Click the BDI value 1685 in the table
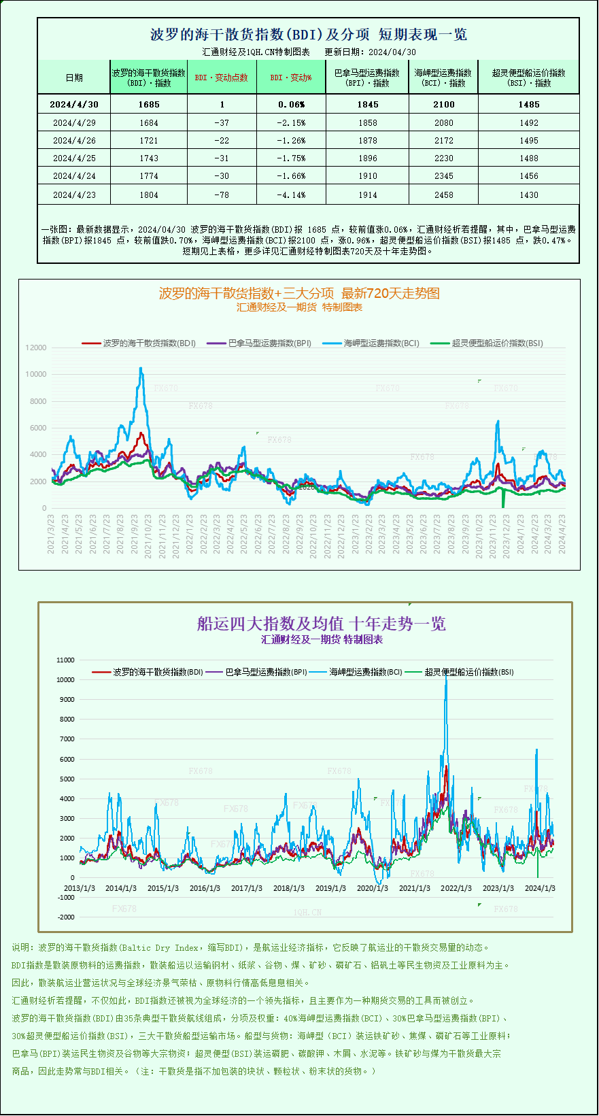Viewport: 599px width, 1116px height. pyautogui.click(x=148, y=105)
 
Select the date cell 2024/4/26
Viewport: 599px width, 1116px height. pyautogui.click(x=74, y=141)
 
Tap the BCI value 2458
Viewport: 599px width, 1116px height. pyautogui.click(x=443, y=195)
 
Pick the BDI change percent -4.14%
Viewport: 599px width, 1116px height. pyautogui.click(x=291, y=195)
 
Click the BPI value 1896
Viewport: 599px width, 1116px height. pyautogui.click(x=368, y=158)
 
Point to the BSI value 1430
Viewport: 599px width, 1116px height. pyautogui.click(x=528, y=195)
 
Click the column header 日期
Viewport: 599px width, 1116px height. pyautogui.click(x=74, y=78)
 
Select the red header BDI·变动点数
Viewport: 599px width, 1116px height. pyautogui.click(x=221, y=78)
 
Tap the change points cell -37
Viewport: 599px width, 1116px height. pyautogui.click(x=221, y=123)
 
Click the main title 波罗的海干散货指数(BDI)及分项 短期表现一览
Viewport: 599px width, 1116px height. pyautogui.click(x=308, y=35)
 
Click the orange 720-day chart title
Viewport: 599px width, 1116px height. pyautogui.click(x=299, y=293)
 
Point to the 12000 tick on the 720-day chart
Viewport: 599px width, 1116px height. pyautogui.click(x=36, y=348)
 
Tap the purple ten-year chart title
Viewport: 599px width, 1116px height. pyautogui.click(x=321, y=624)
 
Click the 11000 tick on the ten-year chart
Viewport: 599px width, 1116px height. pyautogui.click(x=66, y=660)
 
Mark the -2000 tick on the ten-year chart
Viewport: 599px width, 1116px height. pyautogui.click(x=66, y=917)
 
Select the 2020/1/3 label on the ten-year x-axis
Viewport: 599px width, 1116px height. pyautogui.click(x=373, y=888)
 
